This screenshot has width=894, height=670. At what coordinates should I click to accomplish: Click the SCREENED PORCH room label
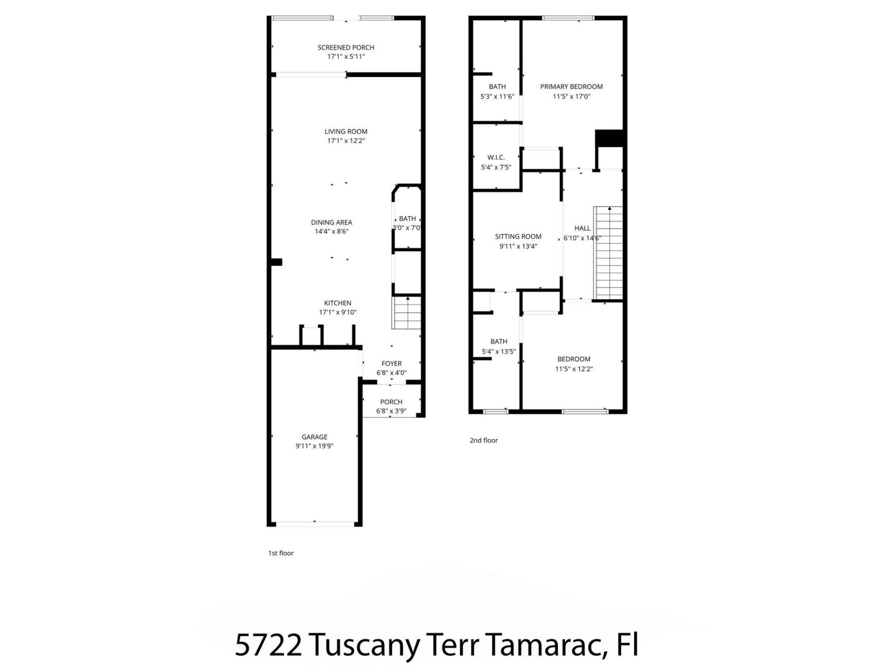tap(345, 47)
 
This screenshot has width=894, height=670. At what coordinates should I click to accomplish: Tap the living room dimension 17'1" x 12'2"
tap(345, 141)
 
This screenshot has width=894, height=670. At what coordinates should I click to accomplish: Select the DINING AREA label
tap(332, 222)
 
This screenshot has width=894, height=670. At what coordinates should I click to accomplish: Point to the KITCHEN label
tap(338, 303)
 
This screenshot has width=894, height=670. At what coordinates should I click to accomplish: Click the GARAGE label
tap(314, 437)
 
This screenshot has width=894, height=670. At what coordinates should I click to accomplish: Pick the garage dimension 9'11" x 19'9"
tap(314, 446)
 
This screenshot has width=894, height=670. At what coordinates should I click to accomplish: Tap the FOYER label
tap(391, 364)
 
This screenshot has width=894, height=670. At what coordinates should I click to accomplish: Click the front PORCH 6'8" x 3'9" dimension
tap(391, 411)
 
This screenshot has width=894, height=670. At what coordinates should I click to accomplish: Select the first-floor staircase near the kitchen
tap(407, 314)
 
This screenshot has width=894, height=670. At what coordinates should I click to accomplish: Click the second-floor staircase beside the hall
tap(609, 254)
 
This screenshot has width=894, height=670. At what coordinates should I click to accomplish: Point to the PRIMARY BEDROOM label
tap(571, 87)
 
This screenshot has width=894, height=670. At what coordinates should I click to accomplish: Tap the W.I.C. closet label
tap(496, 158)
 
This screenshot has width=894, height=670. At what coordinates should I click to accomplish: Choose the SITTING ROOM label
tap(518, 236)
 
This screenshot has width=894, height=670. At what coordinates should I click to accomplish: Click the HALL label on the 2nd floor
tap(582, 228)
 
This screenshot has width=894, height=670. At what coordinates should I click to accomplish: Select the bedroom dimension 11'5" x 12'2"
tap(574, 369)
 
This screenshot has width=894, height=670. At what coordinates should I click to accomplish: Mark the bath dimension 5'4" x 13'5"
tap(498, 352)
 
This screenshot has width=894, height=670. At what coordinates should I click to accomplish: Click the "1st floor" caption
tap(281, 553)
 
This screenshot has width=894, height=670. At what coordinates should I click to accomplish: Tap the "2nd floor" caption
tap(483, 440)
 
